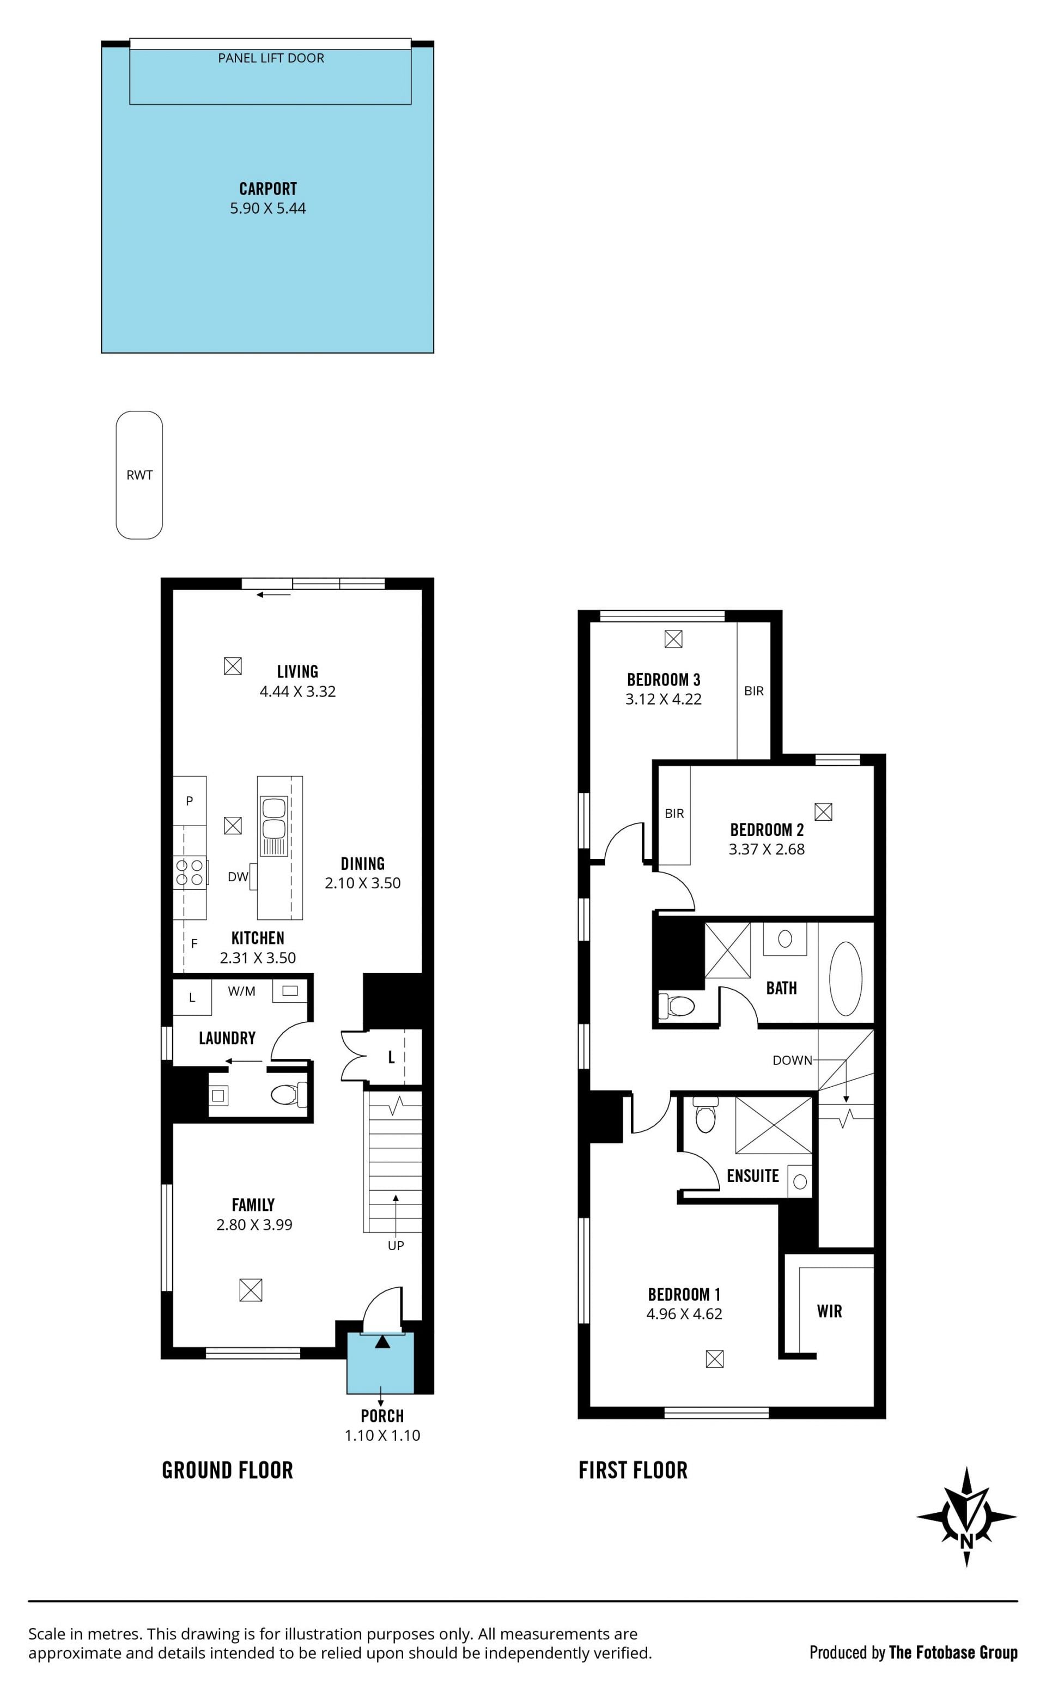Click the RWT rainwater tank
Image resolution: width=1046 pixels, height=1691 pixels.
[x=139, y=475]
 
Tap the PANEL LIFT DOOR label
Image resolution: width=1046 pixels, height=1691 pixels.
[x=271, y=58]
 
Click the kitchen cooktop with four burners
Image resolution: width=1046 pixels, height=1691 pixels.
[x=190, y=872]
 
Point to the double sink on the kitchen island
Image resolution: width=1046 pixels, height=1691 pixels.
[x=274, y=827]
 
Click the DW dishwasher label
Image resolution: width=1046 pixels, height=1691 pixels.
[x=238, y=877]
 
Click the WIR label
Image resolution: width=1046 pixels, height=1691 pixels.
[x=830, y=1311]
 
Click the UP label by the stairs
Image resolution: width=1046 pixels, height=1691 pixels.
[x=396, y=1245]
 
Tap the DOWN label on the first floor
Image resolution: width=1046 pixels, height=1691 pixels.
[x=792, y=1060]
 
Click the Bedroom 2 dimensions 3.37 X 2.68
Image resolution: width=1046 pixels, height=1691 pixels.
[x=767, y=849]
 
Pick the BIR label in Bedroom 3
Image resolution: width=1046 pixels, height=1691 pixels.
[x=754, y=690]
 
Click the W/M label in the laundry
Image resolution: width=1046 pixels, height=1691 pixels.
[x=241, y=991]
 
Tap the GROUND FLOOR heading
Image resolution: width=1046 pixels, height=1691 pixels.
[x=228, y=1470]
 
